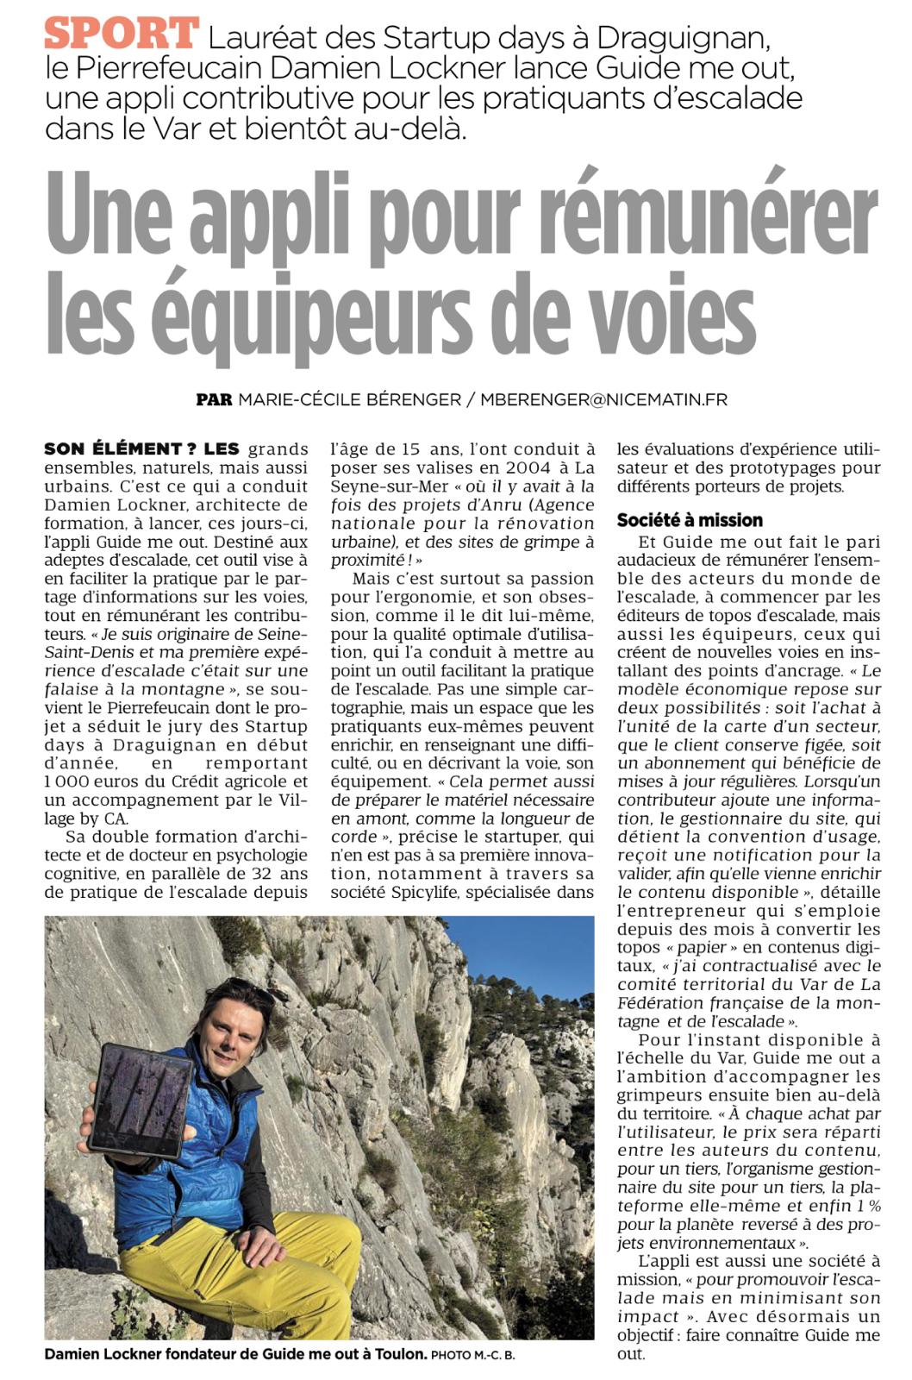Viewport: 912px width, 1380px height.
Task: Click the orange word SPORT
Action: coord(122,34)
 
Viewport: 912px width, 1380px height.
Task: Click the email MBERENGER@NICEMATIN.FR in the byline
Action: coord(603,399)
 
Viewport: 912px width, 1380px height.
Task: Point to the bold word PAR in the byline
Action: coord(214,399)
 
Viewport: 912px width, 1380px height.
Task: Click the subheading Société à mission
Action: coord(690,520)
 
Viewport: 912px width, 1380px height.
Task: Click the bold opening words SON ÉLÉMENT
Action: coord(113,448)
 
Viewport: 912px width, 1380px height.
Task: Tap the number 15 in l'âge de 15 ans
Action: coord(412,448)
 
